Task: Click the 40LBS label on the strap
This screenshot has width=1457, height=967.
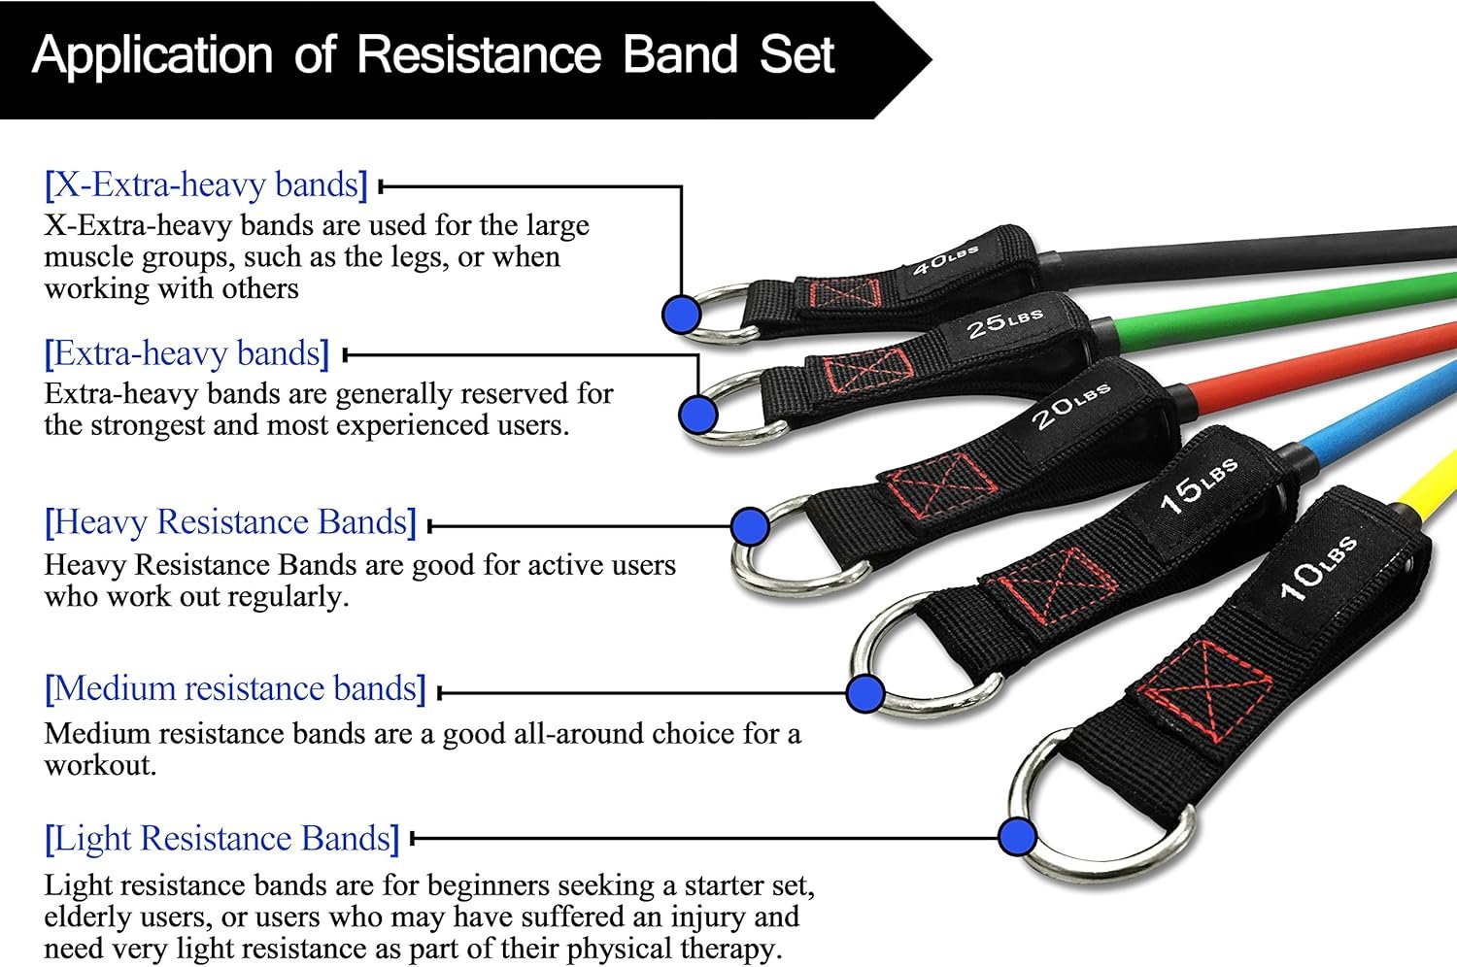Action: click(x=944, y=259)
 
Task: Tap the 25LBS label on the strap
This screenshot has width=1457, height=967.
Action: click(x=1004, y=322)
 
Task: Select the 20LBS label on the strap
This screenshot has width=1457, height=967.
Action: click(x=1069, y=406)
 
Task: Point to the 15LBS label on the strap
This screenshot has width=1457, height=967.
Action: click(x=1199, y=485)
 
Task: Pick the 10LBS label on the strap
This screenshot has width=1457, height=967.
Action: click(x=1316, y=567)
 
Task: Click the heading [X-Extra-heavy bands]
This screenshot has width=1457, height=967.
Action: click(x=206, y=184)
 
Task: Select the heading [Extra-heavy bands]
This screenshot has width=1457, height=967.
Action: click(x=186, y=353)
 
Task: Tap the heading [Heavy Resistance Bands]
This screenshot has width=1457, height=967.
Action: click(x=230, y=522)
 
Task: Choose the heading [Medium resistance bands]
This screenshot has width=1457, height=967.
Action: click(x=235, y=689)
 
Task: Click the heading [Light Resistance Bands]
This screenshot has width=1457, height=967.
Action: click(x=221, y=839)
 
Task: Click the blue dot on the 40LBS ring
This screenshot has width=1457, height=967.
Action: click(x=682, y=315)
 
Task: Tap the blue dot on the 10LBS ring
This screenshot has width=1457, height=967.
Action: click(x=1017, y=836)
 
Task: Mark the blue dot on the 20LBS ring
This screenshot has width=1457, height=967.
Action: click(x=749, y=526)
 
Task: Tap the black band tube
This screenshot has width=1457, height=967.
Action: click(x=1263, y=248)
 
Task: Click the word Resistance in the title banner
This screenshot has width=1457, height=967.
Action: click(x=480, y=54)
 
